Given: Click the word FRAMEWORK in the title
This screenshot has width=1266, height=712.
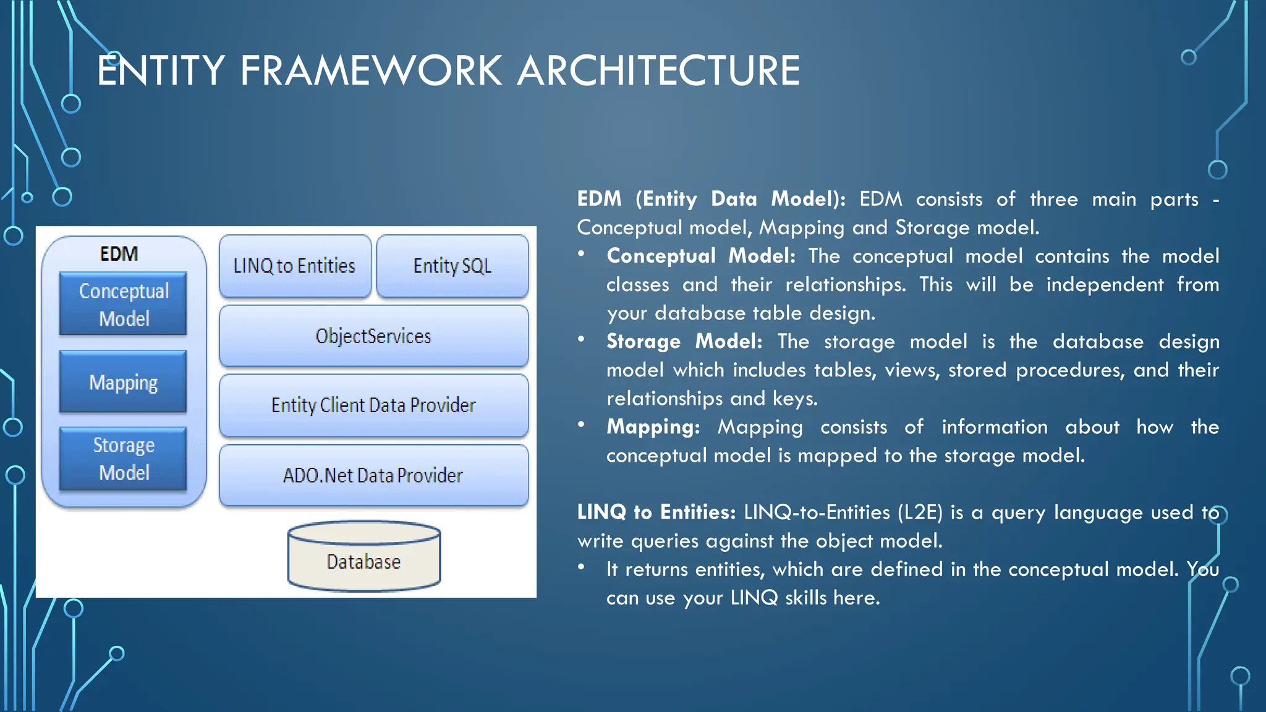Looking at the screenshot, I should [371, 70].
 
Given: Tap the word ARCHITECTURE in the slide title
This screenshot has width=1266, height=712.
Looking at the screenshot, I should [658, 70].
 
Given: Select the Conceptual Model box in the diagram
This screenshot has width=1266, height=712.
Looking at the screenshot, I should [123, 304].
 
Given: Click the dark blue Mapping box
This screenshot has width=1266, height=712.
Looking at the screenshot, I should [123, 382].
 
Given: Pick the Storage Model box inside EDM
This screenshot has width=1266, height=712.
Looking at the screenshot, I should [123, 459].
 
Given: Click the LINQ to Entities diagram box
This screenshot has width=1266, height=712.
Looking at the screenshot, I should [295, 266].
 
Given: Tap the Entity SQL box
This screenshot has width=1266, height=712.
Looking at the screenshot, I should [452, 266].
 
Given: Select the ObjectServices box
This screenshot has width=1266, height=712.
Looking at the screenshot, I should [373, 336].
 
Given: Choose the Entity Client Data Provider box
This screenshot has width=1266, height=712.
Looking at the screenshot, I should [373, 405].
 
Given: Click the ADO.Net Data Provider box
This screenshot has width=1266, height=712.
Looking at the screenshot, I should [373, 475].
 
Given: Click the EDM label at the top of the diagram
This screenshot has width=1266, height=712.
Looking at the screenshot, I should [119, 254].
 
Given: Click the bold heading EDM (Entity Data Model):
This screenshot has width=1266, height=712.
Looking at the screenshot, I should [711, 199].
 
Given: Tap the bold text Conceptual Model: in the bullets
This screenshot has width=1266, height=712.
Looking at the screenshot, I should [700, 256].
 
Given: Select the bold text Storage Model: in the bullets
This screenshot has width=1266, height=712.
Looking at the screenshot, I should [684, 341].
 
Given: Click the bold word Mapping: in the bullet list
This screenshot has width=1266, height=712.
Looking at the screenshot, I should [653, 426].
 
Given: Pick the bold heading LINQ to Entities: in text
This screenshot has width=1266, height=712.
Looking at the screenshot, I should [656, 512].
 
